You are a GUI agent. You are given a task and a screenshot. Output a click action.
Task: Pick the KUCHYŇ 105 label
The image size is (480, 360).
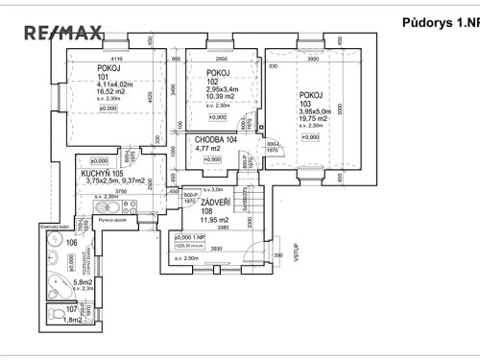(106, 174)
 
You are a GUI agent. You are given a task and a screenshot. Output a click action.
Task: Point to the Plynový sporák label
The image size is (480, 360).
(114, 220)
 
